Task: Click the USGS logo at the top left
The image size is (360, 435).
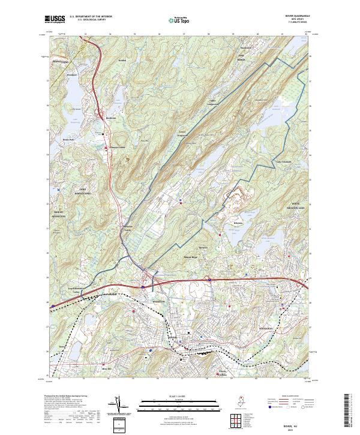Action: point(55,20)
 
